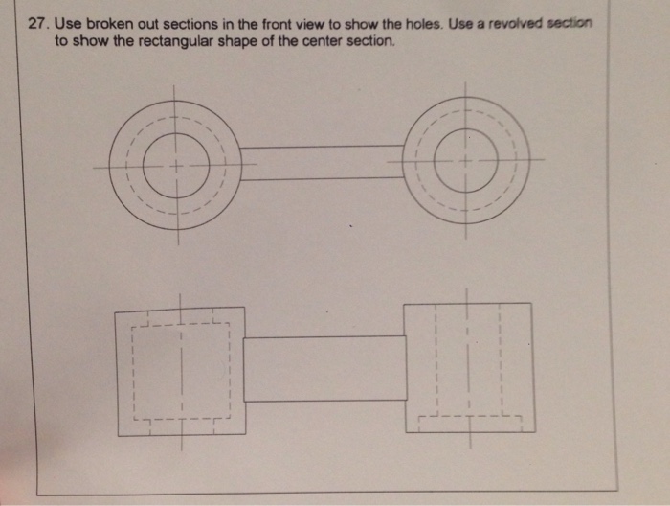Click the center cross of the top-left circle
(175, 165)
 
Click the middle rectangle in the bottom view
(325, 369)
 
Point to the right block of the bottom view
(468, 367)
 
